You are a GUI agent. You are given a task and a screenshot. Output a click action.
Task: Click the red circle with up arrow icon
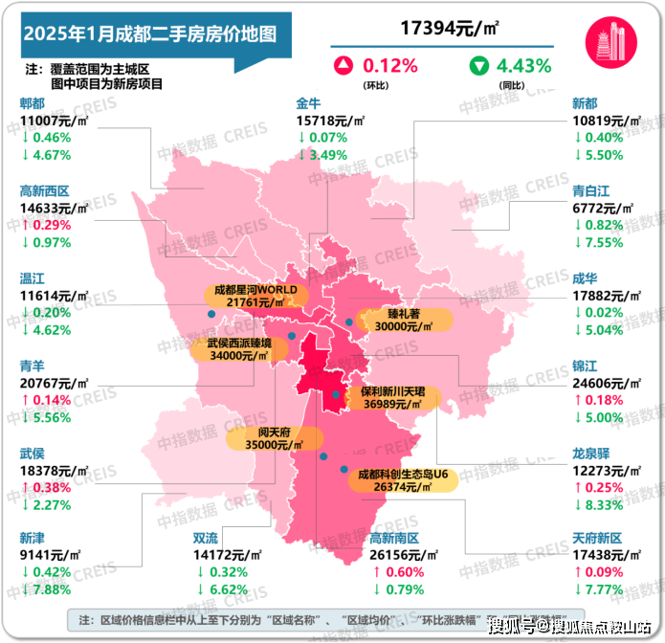tap(341, 67)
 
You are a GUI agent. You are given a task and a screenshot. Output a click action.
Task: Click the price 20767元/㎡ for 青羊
tap(54, 383)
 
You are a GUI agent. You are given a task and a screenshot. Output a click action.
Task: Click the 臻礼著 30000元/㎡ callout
tap(390, 320)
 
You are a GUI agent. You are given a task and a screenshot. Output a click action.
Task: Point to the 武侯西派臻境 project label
tap(239, 349)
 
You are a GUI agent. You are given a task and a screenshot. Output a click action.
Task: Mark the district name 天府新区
tap(597, 540)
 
